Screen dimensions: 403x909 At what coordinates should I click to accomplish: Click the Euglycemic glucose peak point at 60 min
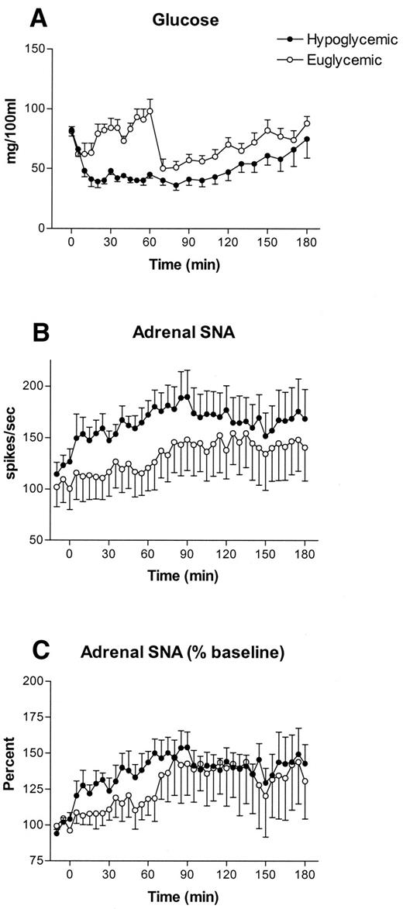(150, 111)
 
